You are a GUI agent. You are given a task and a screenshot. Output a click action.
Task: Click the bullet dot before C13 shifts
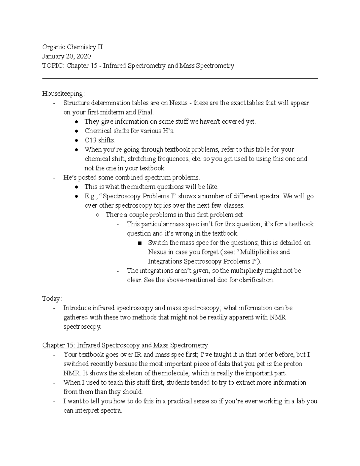click(77, 140)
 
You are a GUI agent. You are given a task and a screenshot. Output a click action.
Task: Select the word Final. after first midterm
click(145, 112)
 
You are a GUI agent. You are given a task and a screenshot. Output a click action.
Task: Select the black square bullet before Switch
click(140, 243)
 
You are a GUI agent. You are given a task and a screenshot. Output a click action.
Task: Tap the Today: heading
click(52, 299)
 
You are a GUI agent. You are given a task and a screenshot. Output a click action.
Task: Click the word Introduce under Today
click(77, 308)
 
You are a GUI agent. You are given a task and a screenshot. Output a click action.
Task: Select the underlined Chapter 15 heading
click(125, 345)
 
